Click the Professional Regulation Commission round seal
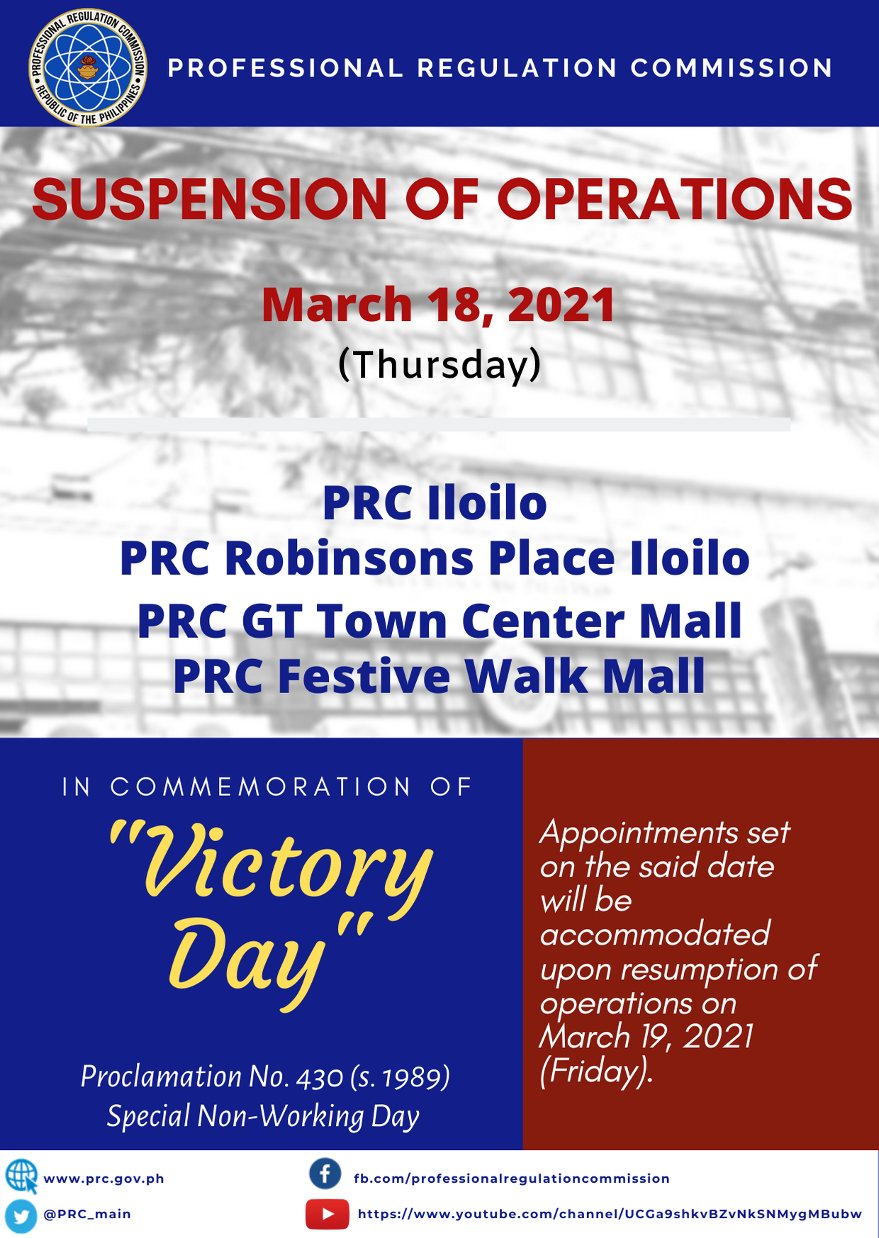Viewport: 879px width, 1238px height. click(88, 67)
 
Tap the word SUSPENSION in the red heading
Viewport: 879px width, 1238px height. click(210, 199)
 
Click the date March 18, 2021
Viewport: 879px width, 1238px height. click(439, 305)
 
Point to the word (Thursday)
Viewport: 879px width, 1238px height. click(439, 364)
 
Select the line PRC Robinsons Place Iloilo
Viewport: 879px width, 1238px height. click(435, 558)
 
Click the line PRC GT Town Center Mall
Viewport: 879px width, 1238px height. click(439, 621)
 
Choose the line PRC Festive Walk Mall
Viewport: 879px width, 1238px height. click(439, 676)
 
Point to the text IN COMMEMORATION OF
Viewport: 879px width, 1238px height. click(267, 787)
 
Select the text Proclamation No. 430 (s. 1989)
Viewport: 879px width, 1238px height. click(265, 1076)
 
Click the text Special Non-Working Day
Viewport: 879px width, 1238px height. click(263, 1116)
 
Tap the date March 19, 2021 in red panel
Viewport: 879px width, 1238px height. click(646, 1037)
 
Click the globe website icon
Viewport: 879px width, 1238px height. click(21, 1176)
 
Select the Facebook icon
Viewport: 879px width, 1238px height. click(325, 1174)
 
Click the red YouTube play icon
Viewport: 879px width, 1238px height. click(327, 1214)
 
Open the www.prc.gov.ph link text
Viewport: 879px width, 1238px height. click(104, 1178)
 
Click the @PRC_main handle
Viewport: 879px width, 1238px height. click(87, 1214)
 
